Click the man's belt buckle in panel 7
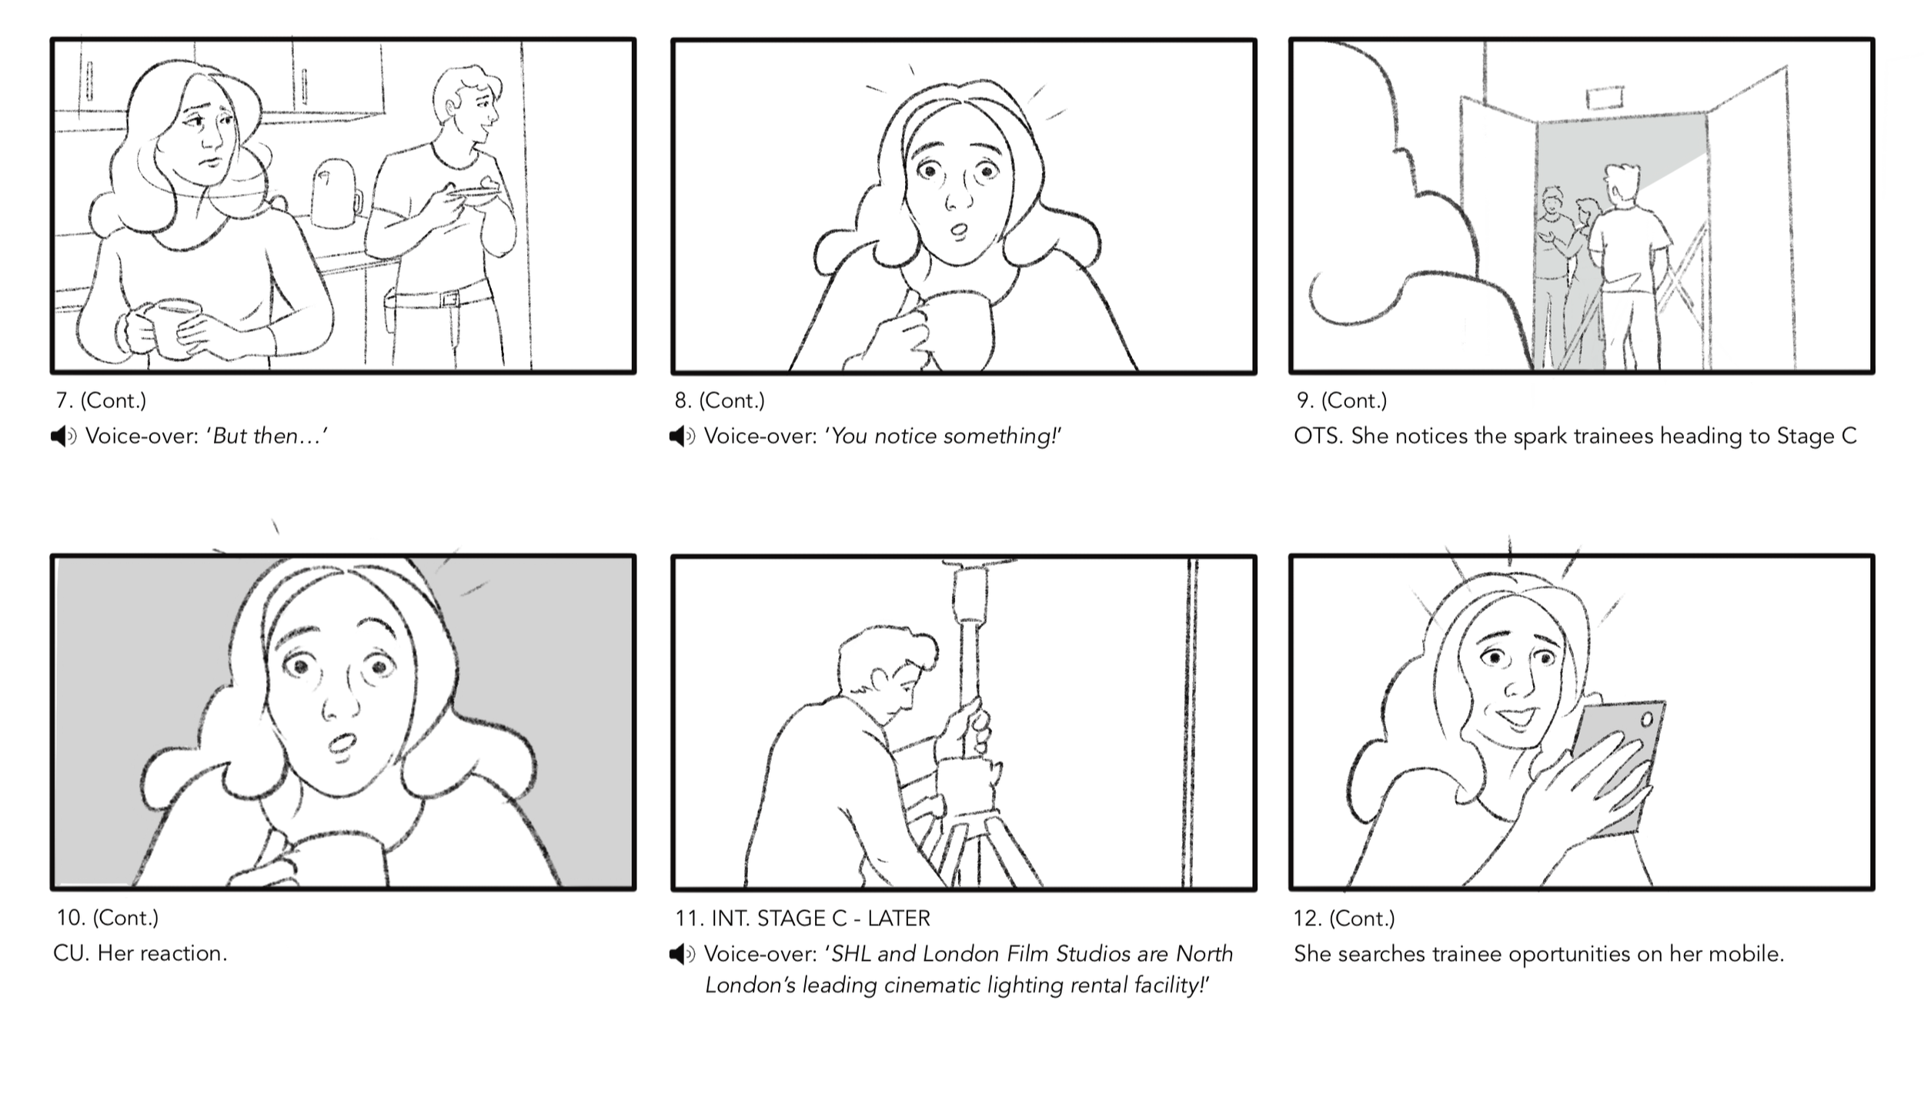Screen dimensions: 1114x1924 pyautogui.click(x=450, y=299)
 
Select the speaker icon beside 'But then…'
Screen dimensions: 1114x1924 pyautogui.click(x=63, y=437)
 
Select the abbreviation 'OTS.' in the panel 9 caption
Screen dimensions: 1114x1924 pyautogui.click(x=1318, y=437)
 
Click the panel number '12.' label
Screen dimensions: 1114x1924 pyautogui.click(x=1308, y=918)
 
